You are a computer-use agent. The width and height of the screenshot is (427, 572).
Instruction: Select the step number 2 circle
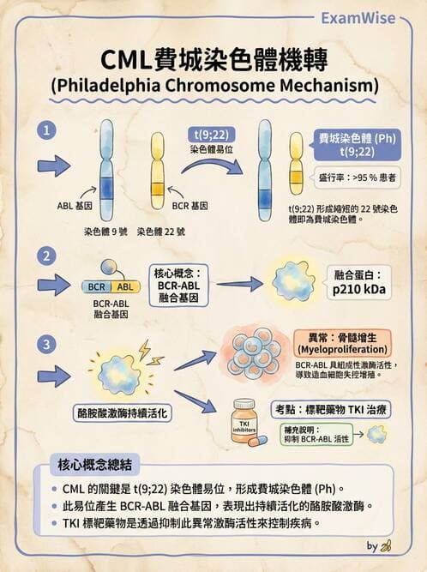tap(50, 255)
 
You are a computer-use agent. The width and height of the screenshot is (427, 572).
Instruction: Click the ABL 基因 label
tap(75, 206)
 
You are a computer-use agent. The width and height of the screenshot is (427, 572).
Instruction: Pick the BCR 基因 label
tap(191, 206)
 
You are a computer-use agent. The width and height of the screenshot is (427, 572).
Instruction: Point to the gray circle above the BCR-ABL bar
tap(108, 268)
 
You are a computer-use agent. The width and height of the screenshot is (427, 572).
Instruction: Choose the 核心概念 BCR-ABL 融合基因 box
tap(179, 285)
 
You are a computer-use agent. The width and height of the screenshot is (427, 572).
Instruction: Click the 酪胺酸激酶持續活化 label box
tap(120, 412)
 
